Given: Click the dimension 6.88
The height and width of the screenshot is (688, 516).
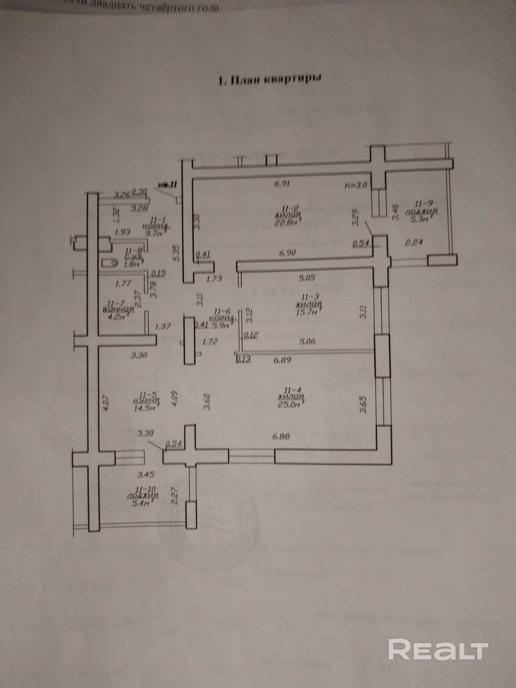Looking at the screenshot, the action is tap(281, 436).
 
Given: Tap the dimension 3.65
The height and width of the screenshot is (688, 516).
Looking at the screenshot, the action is tap(363, 404).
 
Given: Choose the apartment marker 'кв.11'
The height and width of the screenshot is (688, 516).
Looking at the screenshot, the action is tap(167, 185).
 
